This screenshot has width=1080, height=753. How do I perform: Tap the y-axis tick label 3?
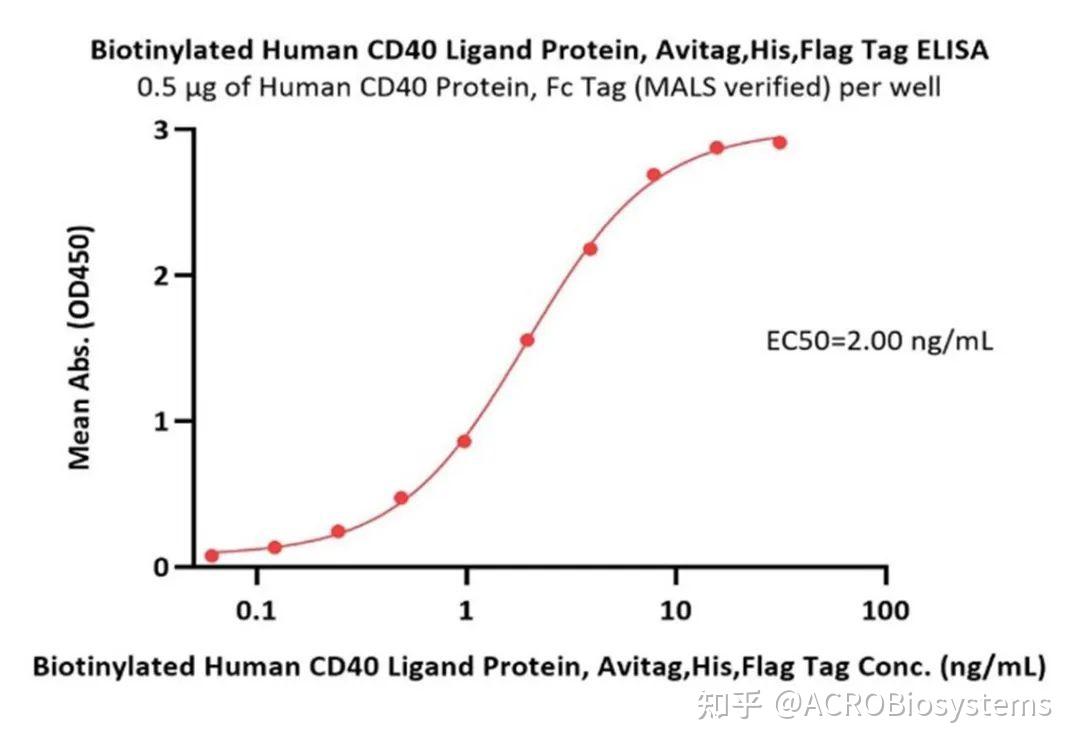[x=157, y=130]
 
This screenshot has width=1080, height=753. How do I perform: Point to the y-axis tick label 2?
[x=157, y=275]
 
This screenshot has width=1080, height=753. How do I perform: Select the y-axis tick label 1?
[x=157, y=421]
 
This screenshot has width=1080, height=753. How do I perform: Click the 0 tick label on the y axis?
[x=157, y=567]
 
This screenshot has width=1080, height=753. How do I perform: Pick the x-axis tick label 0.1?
[x=257, y=610]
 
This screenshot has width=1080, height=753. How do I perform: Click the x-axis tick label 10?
[x=676, y=610]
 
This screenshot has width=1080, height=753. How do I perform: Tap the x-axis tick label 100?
[x=885, y=610]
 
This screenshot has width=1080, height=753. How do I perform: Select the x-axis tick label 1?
[x=467, y=610]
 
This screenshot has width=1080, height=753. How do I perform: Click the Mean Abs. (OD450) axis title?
[x=80, y=348]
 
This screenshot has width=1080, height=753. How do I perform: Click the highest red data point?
[x=779, y=142]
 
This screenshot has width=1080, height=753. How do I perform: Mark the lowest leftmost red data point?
[x=211, y=555]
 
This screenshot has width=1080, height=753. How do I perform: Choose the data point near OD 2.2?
[x=590, y=248]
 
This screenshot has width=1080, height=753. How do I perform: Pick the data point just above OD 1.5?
[x=527, y=340]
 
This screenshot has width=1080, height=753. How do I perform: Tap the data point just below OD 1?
[x=464, y=441]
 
